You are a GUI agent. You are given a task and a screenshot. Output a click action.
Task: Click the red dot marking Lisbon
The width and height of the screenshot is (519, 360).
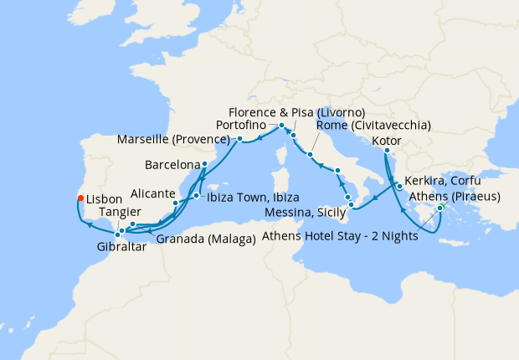tap(80, 198)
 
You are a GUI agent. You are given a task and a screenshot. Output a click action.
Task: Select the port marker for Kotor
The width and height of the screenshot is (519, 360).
tap(386, 151)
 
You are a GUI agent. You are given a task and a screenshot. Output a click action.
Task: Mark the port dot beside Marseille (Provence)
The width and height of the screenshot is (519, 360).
tap(239, 138)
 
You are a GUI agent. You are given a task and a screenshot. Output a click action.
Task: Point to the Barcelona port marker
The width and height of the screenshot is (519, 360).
tap(205, 164)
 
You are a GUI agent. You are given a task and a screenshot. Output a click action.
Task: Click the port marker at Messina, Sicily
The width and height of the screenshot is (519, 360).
tap(352, 205)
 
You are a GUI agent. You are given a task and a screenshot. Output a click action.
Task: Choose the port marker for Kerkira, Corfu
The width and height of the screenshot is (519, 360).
tap(398, 187)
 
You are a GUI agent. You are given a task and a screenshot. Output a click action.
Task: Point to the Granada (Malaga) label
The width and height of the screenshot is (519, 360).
tap(205, 240)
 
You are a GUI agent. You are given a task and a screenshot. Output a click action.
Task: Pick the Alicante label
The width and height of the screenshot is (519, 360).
tap(147, 193)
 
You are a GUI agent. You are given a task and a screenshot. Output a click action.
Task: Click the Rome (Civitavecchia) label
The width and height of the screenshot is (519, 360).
tap(373, 126)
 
